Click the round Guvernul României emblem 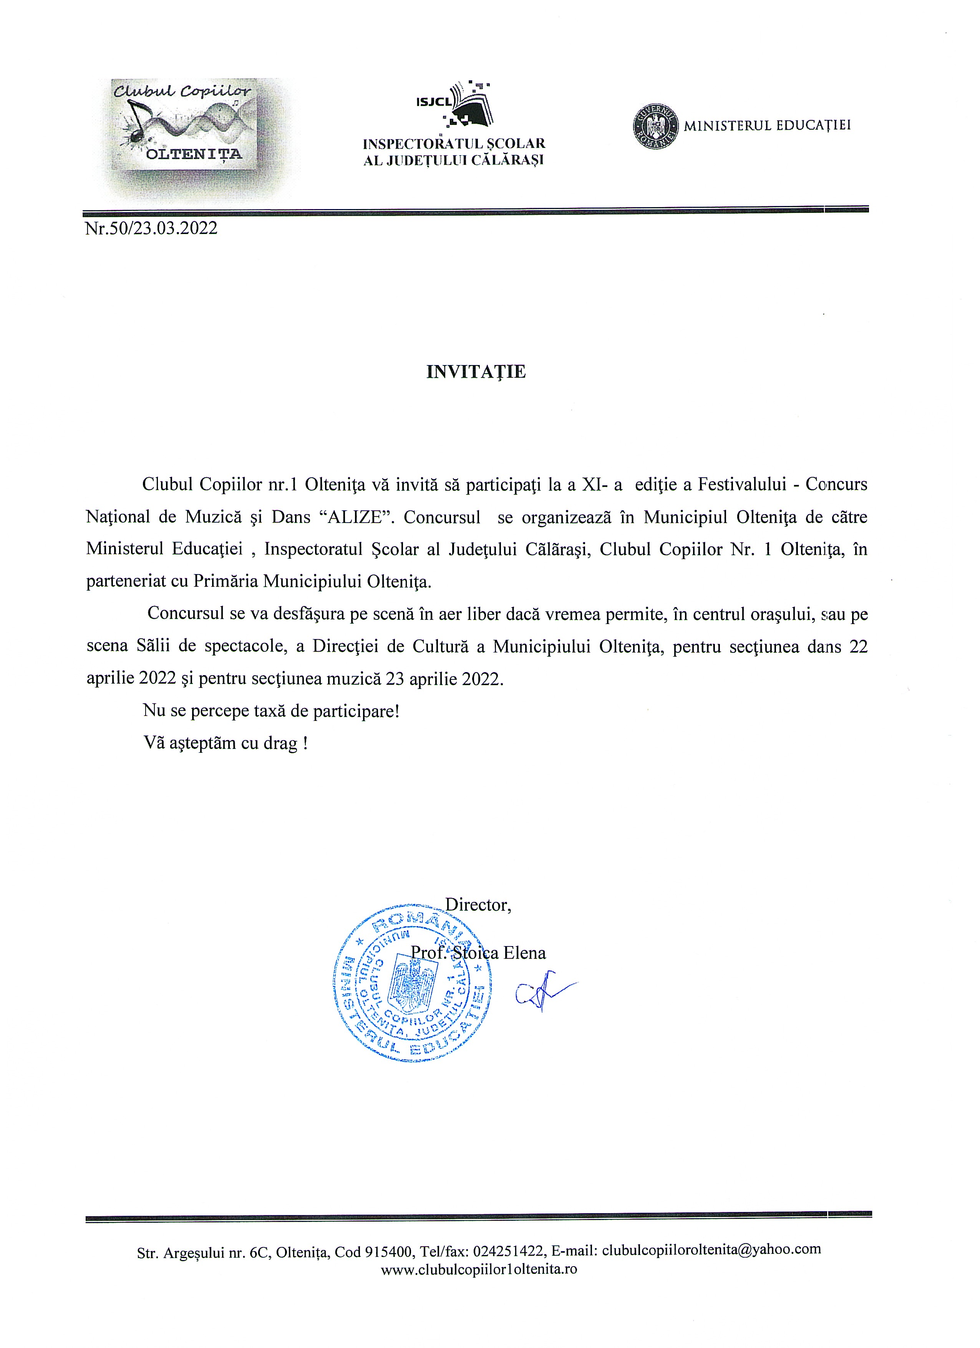[654, 126]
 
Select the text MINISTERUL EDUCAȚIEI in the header [767, 125]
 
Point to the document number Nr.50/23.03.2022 [151, 228]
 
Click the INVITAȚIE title [476, 372]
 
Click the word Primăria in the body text [226, 581]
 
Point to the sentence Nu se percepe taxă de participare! [271, 711]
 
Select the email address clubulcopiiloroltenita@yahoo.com [711, 1249]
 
